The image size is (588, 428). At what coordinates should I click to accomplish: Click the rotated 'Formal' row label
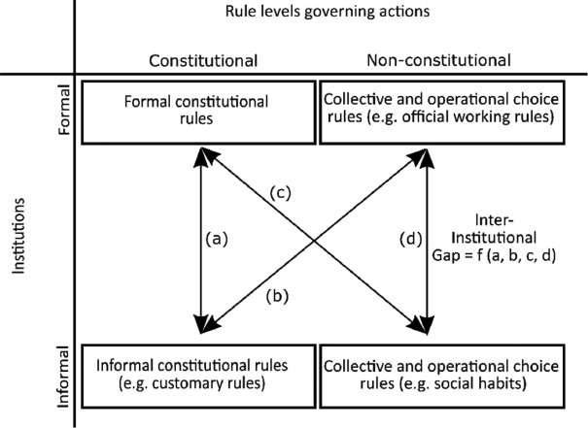65,114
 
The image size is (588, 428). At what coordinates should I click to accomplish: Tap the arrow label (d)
412,237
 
